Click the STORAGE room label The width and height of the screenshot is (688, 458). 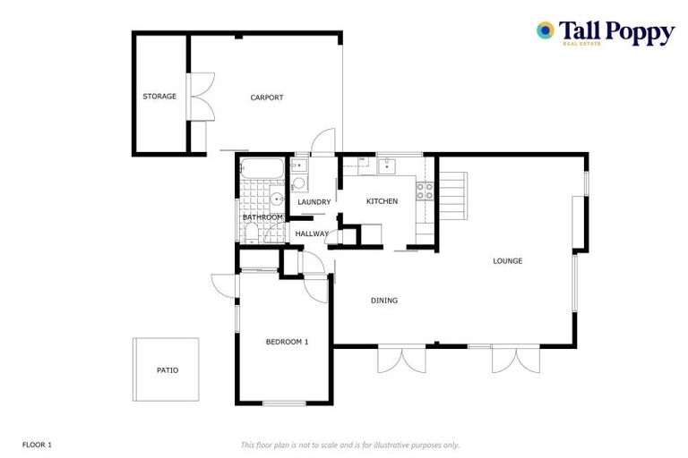(159, 97)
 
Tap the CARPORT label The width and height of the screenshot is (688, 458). (267, 98)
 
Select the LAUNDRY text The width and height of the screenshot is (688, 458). (314, 202)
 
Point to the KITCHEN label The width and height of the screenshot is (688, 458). (382, 201)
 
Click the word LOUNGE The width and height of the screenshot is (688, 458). (507, 261)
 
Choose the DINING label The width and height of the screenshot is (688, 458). (384, 301)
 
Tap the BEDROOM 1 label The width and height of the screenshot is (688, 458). (287, 342)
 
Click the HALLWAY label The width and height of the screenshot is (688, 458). (312, 234)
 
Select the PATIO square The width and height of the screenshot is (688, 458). (167, 369)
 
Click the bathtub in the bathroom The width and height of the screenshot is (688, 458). (262, 167)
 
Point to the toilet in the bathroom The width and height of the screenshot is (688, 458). (252, 233)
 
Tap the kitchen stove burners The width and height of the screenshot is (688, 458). (425, 191)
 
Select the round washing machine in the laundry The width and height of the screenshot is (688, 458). (299, 183)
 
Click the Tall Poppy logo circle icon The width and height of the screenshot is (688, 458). (545, 31)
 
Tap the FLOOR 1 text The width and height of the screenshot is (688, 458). (38, 445)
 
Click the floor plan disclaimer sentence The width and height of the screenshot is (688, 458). (349, 445)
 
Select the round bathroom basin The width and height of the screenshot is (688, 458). (279, 199)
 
